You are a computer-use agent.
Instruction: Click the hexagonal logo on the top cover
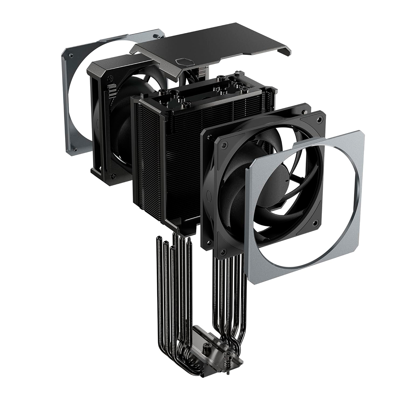[x=183, y=63]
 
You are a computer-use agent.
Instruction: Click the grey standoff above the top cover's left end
[x=155, y=35]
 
